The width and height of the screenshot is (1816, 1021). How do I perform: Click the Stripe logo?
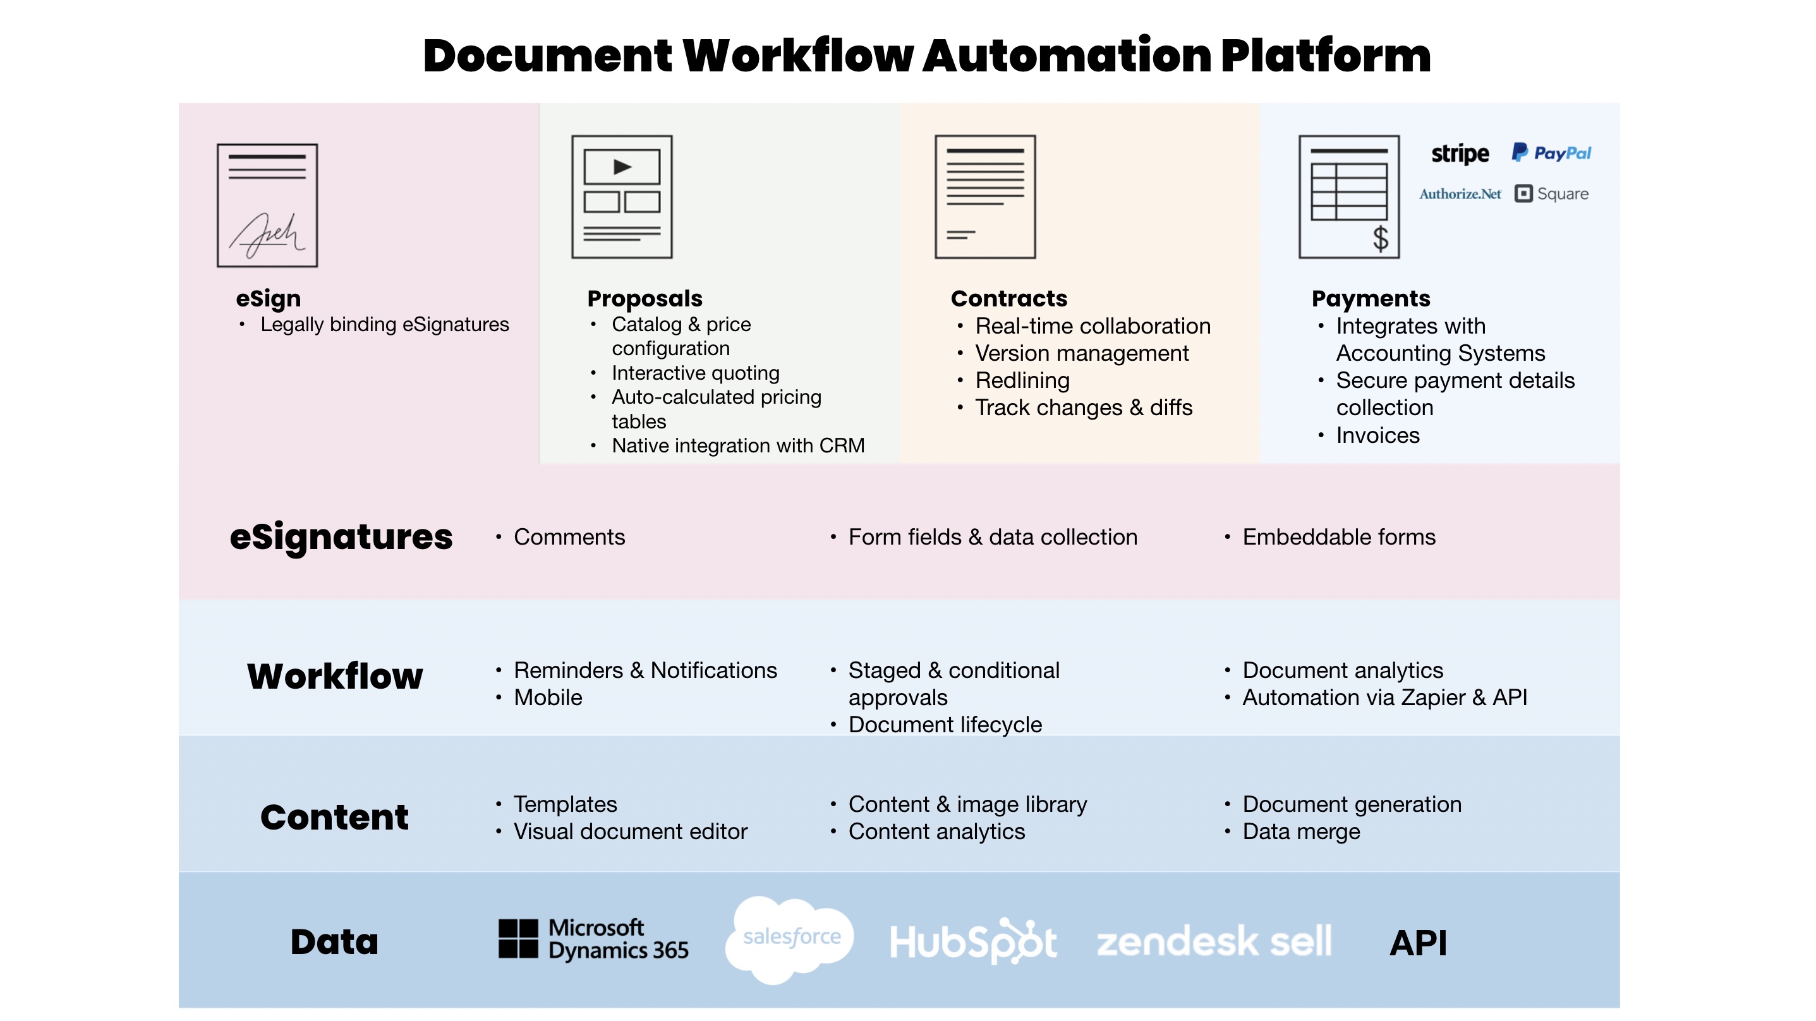click(x=1459, y=154)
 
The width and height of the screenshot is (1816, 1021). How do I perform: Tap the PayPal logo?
click(x=1551, y=153)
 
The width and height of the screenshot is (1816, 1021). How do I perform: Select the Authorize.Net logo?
click(x=1460, y=194)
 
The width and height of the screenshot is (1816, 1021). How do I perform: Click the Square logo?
click(x=1552, y=194)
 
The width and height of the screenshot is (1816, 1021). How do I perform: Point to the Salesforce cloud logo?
click(x=790, y=938)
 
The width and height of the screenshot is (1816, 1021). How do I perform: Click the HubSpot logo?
click(x=973, y=941)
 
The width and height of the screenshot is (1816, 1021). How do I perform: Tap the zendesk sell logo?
click(x=1214, y=941)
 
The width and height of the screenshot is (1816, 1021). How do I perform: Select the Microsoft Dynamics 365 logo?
click(x=593, y=939)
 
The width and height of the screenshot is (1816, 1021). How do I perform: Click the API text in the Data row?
click(x=1418, y=943)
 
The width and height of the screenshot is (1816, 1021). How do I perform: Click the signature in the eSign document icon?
click(x=267, y=235)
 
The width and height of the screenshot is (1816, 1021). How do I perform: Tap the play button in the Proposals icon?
click(x=622, y=167)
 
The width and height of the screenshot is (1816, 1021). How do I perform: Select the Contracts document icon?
click(x=985, y=196)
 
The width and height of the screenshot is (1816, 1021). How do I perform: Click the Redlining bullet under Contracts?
click(x=1022, y=381)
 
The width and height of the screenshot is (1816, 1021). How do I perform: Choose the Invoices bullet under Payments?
click(x=1377, y=436)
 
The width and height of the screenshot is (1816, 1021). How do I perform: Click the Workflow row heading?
click(x=335, y=676)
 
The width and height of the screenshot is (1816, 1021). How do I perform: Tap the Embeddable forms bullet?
click(x=1338, y=537)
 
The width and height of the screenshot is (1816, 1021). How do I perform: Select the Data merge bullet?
click(x=1300, y=832)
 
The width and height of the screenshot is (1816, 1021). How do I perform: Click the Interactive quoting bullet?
click(x=695, y=373)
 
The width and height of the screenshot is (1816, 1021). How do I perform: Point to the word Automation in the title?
click(x=1067, y=56)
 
